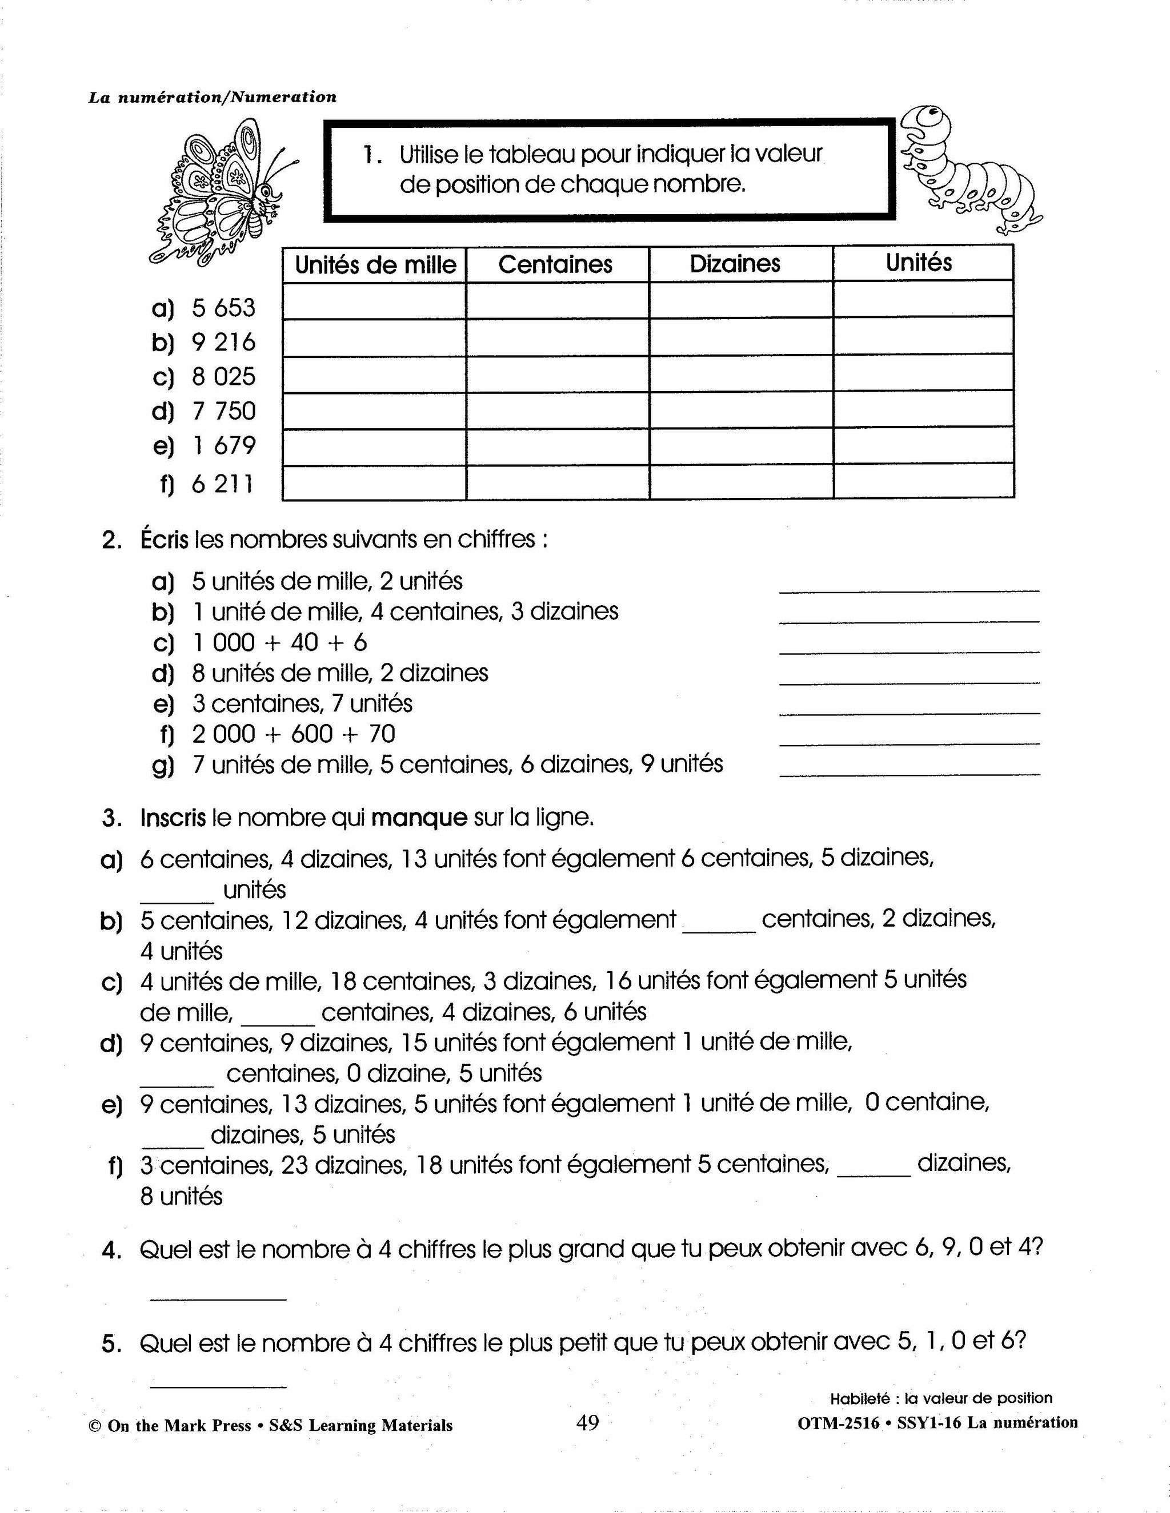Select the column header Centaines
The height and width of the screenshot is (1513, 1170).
pyautogui.click(x=555, y=264)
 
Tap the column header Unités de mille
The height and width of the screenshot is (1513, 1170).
pyautogui.click(x=375, y=265)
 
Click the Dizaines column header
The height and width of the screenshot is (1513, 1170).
pyautogui.click(x=735, y=263)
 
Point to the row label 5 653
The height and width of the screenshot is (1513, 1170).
pyautogui.click(x=223, y=308)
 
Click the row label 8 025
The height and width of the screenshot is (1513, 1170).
pyautogui.click(x=223, y=377)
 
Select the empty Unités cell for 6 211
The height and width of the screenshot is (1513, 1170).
pyautogui.click(x=923, y=481)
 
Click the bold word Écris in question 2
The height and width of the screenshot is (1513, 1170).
pyautogui.click(x=165, y=539)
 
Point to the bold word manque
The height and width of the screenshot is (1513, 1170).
pyautogui.click(x=419, y=818)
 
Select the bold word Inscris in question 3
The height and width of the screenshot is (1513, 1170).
pyautogui.click(x=173, y=818)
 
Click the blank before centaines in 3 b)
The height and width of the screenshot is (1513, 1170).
pyautogui.click(x=719, y=928)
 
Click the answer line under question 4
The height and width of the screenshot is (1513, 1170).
pyautogui.click(x=218, y=1297)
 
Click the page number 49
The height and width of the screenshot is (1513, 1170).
pyautogui.click(x=587, y=1423)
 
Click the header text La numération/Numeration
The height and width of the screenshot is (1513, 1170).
pyautogui.click(x=212, y=97)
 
